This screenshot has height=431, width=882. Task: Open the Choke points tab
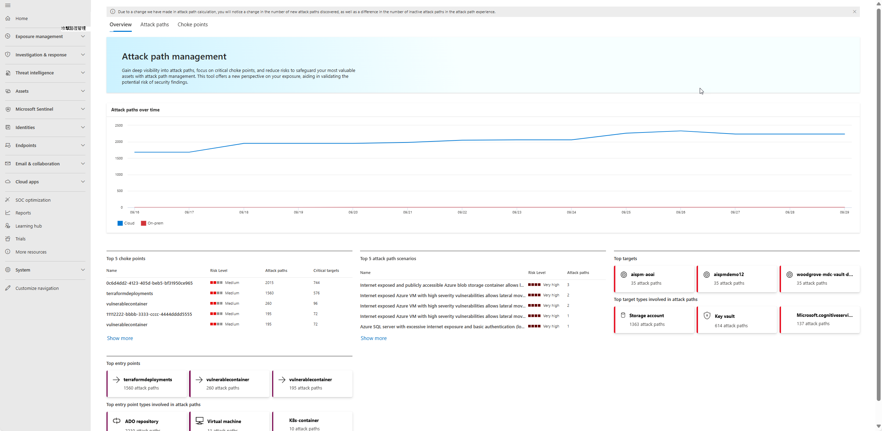tap(193, 25)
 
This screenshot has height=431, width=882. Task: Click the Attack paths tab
tap(155, 25)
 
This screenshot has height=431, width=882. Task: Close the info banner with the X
tap(854, 12)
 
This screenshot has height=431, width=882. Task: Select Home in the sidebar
tap(21, 19)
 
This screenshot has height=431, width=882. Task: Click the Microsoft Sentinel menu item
tap(34, 109)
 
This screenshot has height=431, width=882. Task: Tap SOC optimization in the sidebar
tap(33, 200)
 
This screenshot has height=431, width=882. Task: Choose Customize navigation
tap(37, 288)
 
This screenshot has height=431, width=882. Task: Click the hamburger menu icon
tap(8, 6)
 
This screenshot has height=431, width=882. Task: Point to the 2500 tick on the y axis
tap(119, 126)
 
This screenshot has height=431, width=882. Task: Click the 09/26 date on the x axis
tap(680, 212)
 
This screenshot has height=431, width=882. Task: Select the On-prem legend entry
tap(152, 223)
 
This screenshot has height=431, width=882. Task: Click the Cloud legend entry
tap(126, 223)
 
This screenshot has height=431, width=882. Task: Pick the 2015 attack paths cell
tap(269, 283)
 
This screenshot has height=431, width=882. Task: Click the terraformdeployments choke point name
tap(130, 294)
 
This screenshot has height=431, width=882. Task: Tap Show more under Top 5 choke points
tap(120, 338)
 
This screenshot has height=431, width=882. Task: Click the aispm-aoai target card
tap(654, 279)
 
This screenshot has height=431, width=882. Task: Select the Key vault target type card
tap(737, 320)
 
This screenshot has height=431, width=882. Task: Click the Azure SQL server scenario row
tap(442, 327)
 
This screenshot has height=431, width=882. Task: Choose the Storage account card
tap(654, 320)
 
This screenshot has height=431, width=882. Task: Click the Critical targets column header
tap(326, 271)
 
